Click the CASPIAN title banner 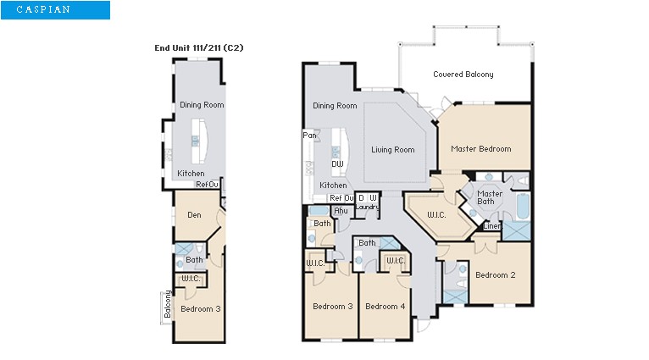tap(54, 10)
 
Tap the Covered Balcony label tap(463, 75)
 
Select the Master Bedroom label tap(480, 149)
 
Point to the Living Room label tap(392, 150)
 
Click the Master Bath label tap(490, 197)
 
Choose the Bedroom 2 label tap(496, 275)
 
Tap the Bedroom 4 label tap(386, 307)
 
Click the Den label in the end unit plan tap(193, 215)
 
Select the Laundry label tap(367, 207)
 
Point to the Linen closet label tap(491, 226)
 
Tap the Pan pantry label tap(309, 136)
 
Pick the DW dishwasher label tap(337, 164)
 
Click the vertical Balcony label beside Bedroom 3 tap(168, 306)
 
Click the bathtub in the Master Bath tap(522, 208)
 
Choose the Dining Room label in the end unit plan tap(202, 105)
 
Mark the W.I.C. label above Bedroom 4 tap(395, 261)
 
